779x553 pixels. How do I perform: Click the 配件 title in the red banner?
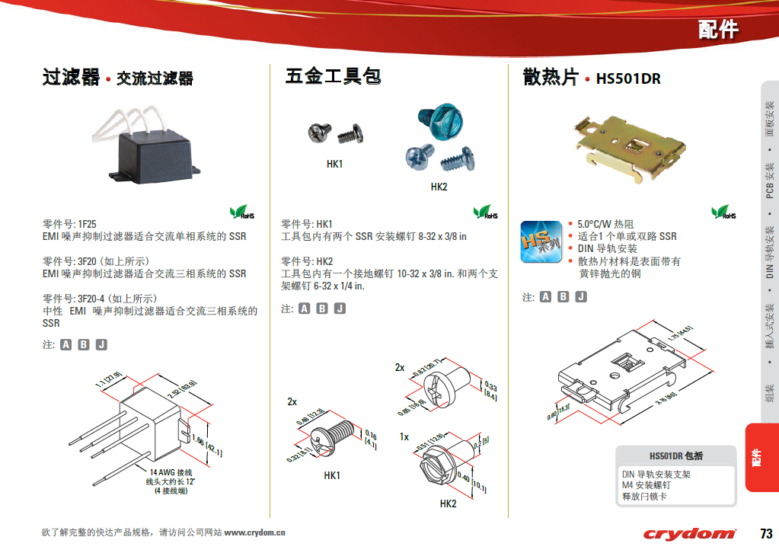click(717, 30)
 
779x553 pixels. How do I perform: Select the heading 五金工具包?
click(333, 76)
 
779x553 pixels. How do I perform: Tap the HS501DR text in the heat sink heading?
click(628, 78)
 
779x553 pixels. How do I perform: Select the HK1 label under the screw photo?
click(334, 164)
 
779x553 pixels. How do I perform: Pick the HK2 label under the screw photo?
click(439, 187)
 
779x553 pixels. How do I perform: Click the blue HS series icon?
click(541, 241)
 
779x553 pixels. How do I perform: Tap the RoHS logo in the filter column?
click(242, 213)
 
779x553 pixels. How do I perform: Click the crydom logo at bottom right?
click(689, 534)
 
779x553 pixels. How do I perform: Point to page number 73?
click(765, 532)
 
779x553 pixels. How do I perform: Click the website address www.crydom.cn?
click(254, 532)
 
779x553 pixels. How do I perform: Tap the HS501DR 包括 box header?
click(676, 456)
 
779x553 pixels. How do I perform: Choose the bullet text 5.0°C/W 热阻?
click(605, 224)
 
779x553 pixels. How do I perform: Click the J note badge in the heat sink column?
click(580, 297)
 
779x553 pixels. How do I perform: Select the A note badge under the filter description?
click(65, 344)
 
